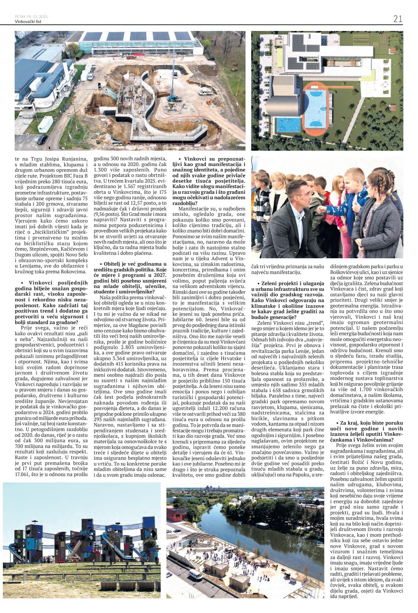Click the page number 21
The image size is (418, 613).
click(x=398, y=19)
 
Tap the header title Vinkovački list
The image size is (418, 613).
click(x=28, y=22)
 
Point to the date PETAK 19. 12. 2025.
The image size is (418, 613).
click(x=32, y=16)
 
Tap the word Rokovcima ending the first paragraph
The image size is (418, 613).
click(x=74, y=272)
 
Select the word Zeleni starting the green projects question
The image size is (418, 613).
click(x=270, y=283)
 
